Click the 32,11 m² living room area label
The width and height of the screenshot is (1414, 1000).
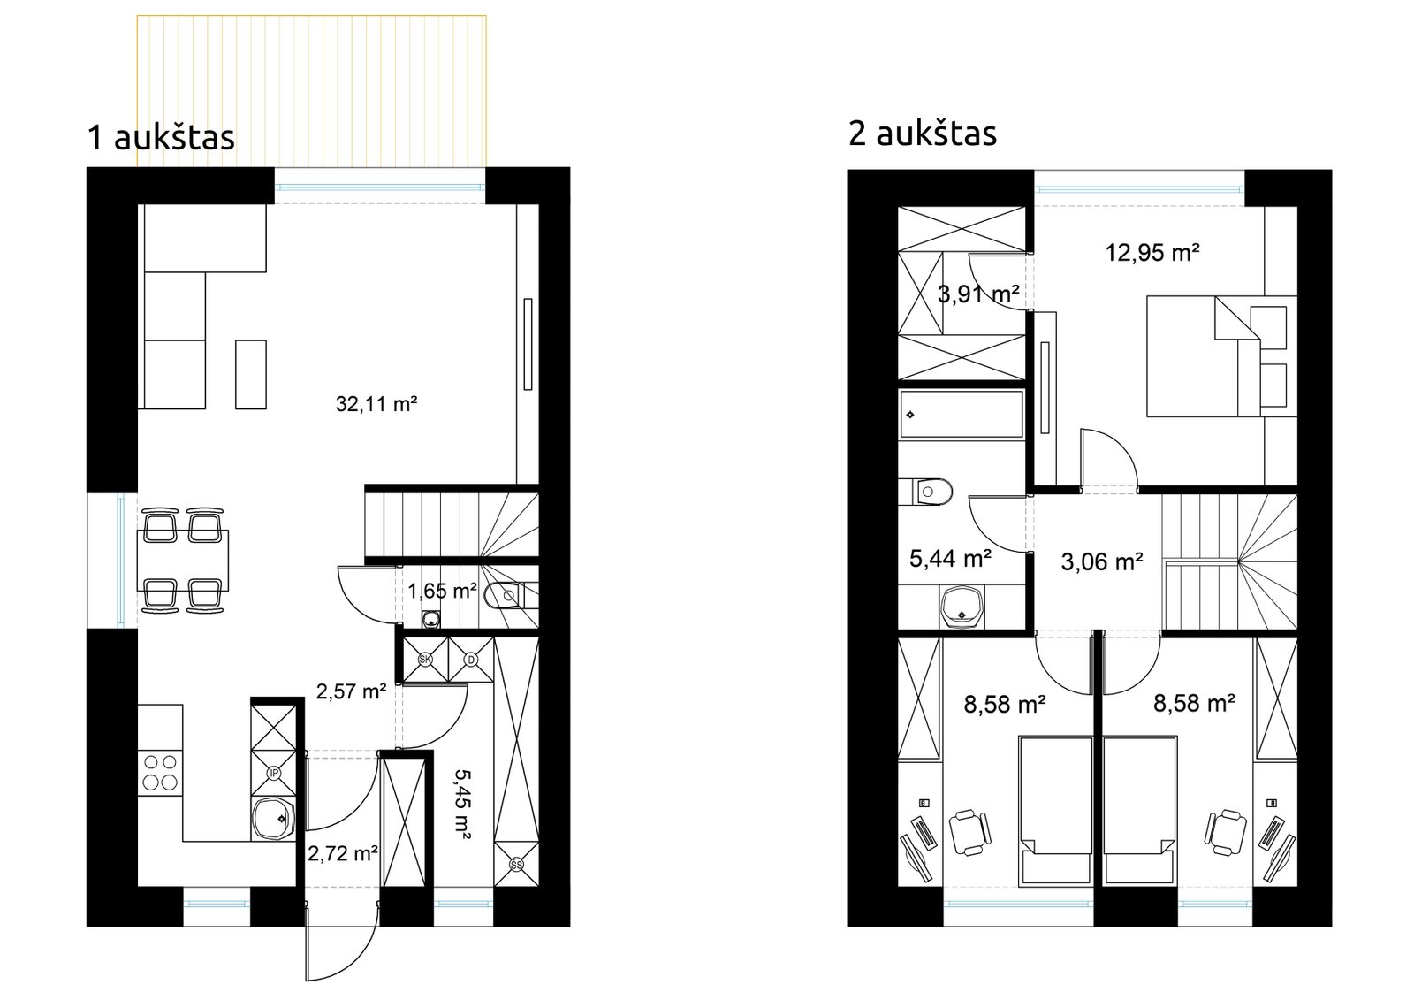click(x=376, y=404)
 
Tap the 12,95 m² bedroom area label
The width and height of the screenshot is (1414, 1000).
click(x=1152, y=253)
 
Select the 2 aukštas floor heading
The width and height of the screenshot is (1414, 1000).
click(x=923, y=134)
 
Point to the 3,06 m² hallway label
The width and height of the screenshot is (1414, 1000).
click(x=1101, y=561)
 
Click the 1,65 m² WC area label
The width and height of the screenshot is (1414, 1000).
click(x=442, y=592)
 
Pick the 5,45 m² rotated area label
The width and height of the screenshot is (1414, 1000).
click(x=462, y=805)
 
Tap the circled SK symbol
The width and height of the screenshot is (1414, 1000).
click(x=425, y=660)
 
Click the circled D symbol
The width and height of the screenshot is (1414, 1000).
click(x=471, y=660)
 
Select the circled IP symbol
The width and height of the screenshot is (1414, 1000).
click(x=273, y=773)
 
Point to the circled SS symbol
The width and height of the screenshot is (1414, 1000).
click(x=516, y=865)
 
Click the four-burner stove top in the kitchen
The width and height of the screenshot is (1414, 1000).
click(x=160, y=773)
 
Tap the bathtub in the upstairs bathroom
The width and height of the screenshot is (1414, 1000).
click(x=962, y=415)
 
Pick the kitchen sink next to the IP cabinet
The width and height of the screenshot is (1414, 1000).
click(x=273, y=819)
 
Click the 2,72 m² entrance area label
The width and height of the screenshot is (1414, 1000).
click(x=343, y=853)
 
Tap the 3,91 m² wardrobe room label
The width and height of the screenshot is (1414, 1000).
click(x=977, y=294)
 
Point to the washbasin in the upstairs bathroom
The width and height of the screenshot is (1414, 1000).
click(x=962, y=607)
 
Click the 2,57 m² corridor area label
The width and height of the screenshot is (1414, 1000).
click(x=351, y=691)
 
